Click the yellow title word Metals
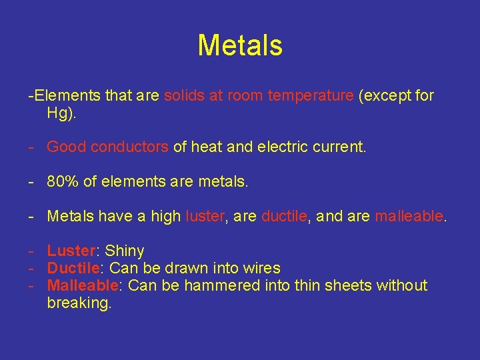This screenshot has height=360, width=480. (240, 46)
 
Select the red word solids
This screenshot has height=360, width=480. (184, 95)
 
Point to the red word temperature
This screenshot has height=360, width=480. (310, 95)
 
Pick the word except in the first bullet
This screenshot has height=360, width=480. (386, 95)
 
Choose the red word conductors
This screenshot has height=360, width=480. (129, 147)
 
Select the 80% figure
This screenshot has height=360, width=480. (61, 181)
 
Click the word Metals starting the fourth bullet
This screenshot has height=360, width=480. (71, 216)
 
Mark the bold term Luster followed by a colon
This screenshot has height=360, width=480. (71, 251)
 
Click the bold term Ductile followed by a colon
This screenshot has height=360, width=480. (73, 268)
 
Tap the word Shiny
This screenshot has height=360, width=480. (125, 251)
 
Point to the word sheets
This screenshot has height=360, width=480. (349, 285)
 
